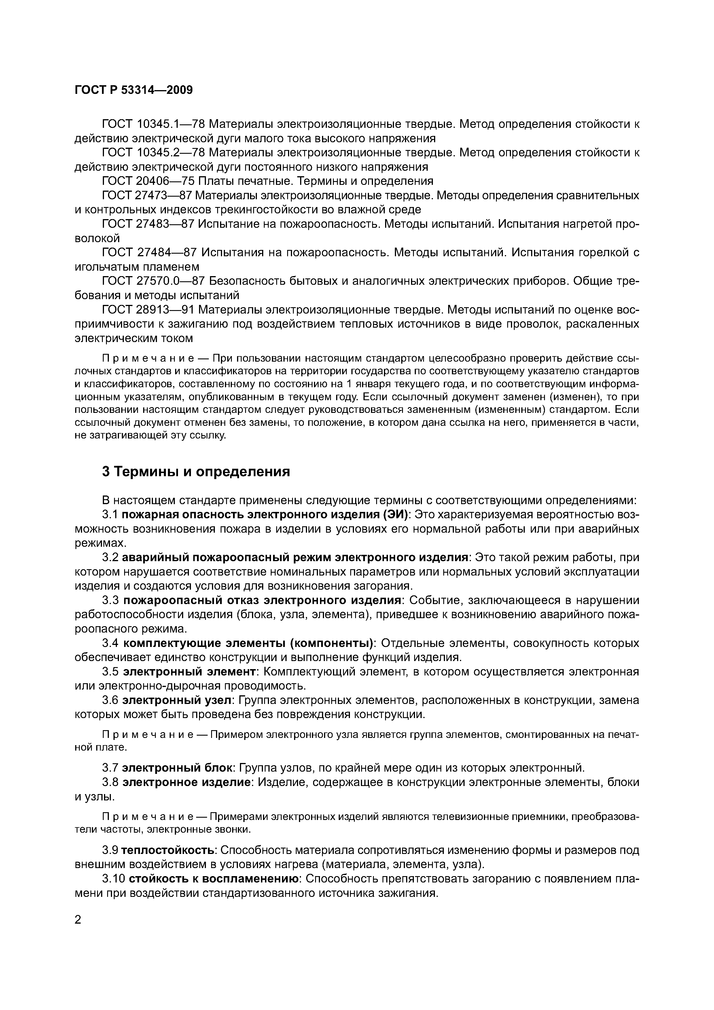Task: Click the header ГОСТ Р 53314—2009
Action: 134,90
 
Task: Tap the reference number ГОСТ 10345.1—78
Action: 154,124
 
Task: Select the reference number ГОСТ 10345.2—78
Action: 154,153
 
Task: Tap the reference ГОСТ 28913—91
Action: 148,310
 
